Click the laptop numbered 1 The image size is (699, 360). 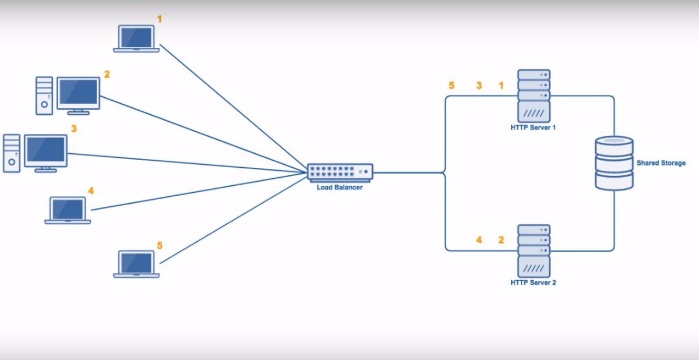pos(136,38)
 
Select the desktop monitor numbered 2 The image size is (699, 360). pos(79,94)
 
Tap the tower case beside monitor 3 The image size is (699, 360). pos(12,153)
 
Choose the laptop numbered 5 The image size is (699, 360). pos(136,264)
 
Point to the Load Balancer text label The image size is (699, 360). pos(340,188)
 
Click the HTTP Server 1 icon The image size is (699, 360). pos(534,95)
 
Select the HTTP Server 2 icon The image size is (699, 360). pos(534,250)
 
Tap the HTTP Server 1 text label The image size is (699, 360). pos(534,128)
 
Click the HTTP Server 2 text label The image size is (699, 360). pos(534,283)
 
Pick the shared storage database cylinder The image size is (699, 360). pos(614,163)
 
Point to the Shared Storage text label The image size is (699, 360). pos(661,163)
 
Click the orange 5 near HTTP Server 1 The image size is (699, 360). pos(451,86)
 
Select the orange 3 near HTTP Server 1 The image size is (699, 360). pos(479,86)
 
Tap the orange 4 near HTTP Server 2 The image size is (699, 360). pos(479,239)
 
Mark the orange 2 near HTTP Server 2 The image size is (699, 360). pos(501,239)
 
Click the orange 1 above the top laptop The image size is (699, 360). pos(160,19)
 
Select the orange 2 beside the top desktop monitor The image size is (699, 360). pos(107,74)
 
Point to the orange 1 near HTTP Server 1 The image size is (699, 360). pos(501,86)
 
